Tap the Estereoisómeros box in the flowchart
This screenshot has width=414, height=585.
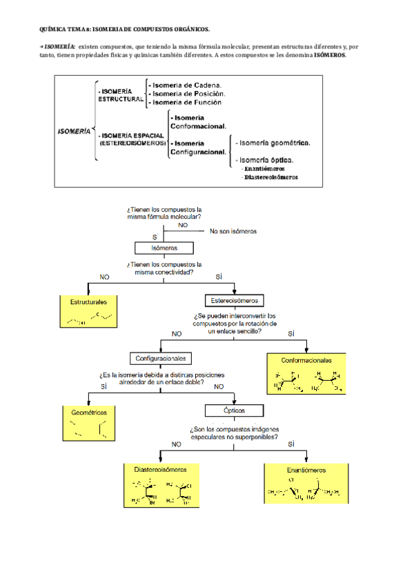[235, 301]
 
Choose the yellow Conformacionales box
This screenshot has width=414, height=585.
[306, 373]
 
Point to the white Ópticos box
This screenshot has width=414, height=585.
[235, 409]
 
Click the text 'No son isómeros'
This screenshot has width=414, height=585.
[233, 232]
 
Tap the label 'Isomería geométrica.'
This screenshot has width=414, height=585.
[273, 143]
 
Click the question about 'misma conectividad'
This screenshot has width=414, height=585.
[164, 268]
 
